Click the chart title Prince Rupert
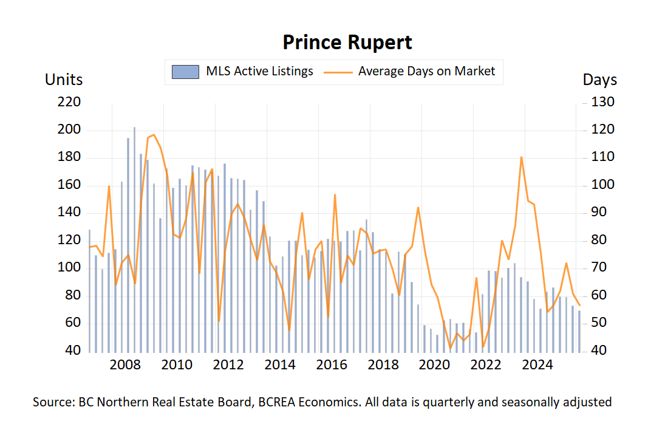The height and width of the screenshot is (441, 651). point(347,43)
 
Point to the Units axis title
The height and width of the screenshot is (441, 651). point(64,80)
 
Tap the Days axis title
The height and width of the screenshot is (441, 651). point(600,80)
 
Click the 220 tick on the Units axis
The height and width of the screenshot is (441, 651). point(70,102)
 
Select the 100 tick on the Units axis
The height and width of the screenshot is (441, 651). point(70,268)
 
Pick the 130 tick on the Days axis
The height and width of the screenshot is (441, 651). point(603,102)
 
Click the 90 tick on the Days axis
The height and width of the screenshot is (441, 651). point(603,213)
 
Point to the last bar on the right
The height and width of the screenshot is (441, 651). point(579,331)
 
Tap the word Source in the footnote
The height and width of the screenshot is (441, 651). point(52,402)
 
